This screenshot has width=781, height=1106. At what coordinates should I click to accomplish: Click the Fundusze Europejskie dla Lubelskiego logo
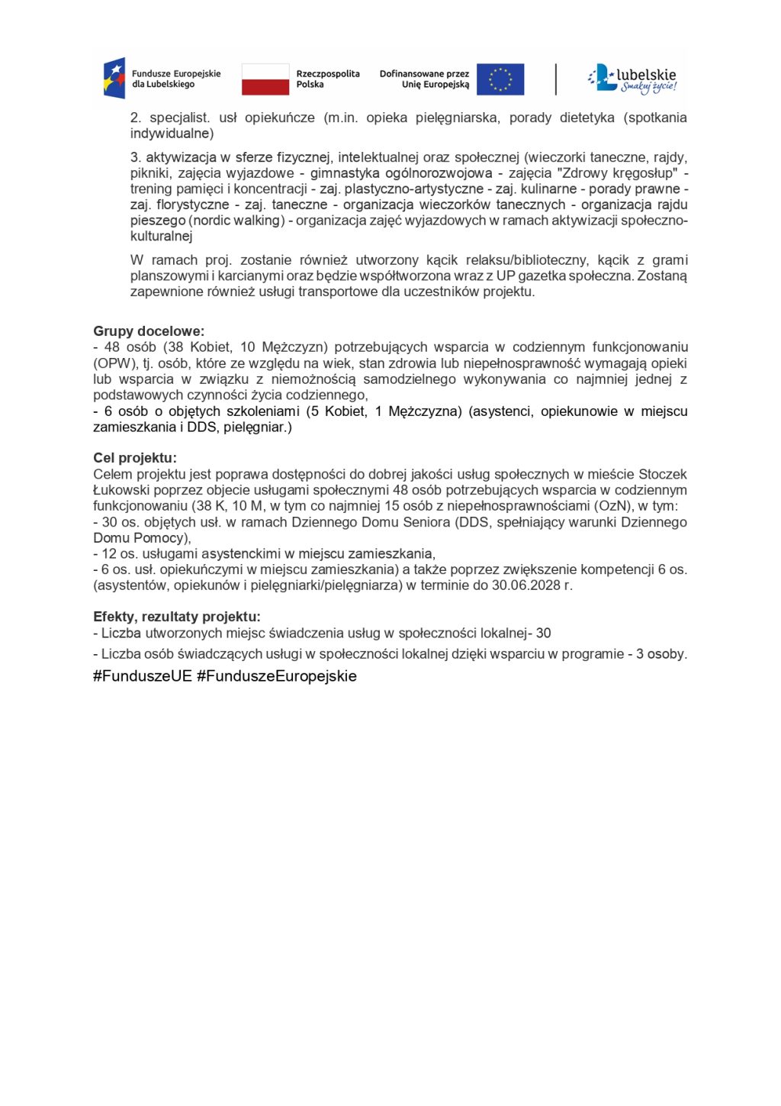(162, 79)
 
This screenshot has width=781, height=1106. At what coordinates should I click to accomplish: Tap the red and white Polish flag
(265, 79)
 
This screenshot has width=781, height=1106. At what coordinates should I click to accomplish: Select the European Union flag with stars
(500, 79)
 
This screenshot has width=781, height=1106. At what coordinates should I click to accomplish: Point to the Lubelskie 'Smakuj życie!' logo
(632, 79)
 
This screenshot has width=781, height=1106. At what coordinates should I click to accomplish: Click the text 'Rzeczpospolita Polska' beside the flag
(327, 79)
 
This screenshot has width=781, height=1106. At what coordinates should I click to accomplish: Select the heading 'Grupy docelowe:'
(149, 331)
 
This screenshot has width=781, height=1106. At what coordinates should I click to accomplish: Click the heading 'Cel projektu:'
(134, 458)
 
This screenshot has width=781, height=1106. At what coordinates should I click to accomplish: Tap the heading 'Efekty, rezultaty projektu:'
(176, 617)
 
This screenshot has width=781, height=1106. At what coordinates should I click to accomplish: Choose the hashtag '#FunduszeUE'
(142, 676)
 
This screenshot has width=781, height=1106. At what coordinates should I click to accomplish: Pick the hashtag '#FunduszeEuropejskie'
(277, 676)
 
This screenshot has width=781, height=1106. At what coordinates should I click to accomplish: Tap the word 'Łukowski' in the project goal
(120, 490)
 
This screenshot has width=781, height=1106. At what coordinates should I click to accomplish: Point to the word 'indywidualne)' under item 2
(172, 134)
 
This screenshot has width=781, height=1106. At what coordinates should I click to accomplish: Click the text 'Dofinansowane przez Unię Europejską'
(424, 79)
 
